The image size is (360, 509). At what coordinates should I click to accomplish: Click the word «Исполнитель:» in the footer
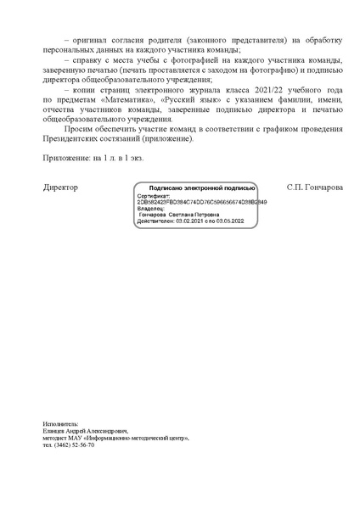59,423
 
